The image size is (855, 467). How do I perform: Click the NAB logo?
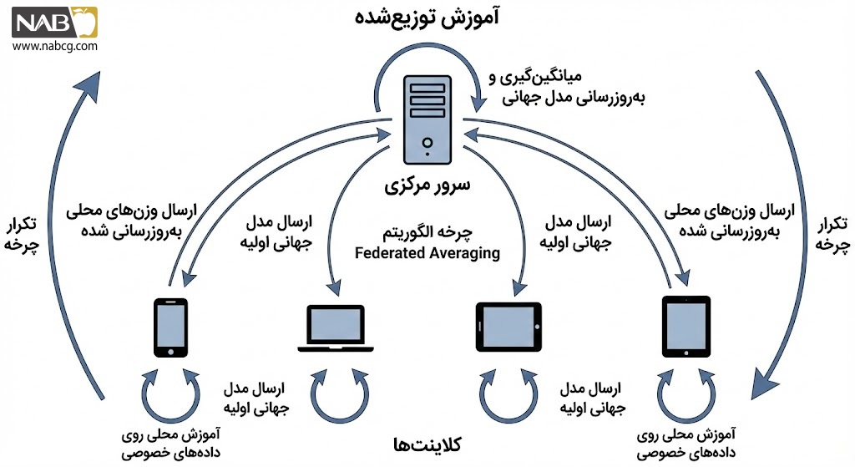(54, 23)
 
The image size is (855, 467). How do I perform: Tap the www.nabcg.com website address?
(54, 46)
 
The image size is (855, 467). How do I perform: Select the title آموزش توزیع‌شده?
(427, 18)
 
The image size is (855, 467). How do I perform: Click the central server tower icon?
(427, 119)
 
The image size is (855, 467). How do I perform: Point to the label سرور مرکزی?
(427, 185)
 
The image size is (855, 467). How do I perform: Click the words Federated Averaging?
(427, 253)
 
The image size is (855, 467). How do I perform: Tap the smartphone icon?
(170, 327)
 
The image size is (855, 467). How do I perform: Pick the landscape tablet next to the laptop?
(508, 327)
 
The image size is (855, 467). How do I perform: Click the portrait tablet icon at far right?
(686, 327)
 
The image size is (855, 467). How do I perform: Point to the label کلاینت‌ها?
(427, 445)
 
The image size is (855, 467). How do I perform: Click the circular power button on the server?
(427, 143)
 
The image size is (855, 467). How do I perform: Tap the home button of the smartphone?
(170, 352)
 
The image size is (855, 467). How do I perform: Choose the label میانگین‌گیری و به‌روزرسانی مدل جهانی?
(567, 87)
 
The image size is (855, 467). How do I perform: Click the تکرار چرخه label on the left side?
(21, 235)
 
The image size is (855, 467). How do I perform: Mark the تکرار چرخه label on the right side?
(832, 234)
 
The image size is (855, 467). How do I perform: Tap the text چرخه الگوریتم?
(427, 233)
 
